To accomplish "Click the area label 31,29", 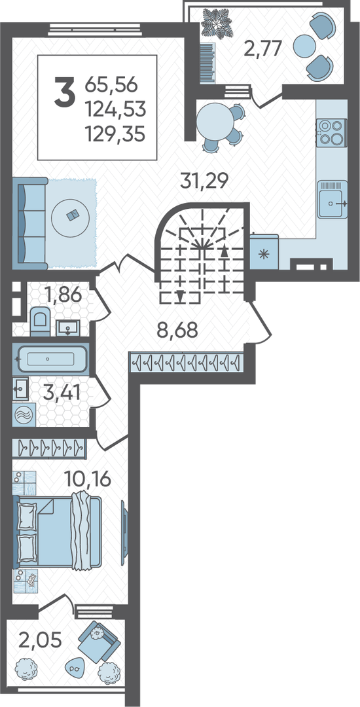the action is [205, 181].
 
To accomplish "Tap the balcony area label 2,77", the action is [263, 47].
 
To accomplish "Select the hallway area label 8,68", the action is [177, 330].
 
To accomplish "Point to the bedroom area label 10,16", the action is [87, 479].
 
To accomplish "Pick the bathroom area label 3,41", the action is [62, 392].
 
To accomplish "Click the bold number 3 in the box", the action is [64, 92].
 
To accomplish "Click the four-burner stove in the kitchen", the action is [332, 132].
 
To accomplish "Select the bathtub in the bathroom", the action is [50, 359].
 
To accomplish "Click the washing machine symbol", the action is [22, 415].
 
